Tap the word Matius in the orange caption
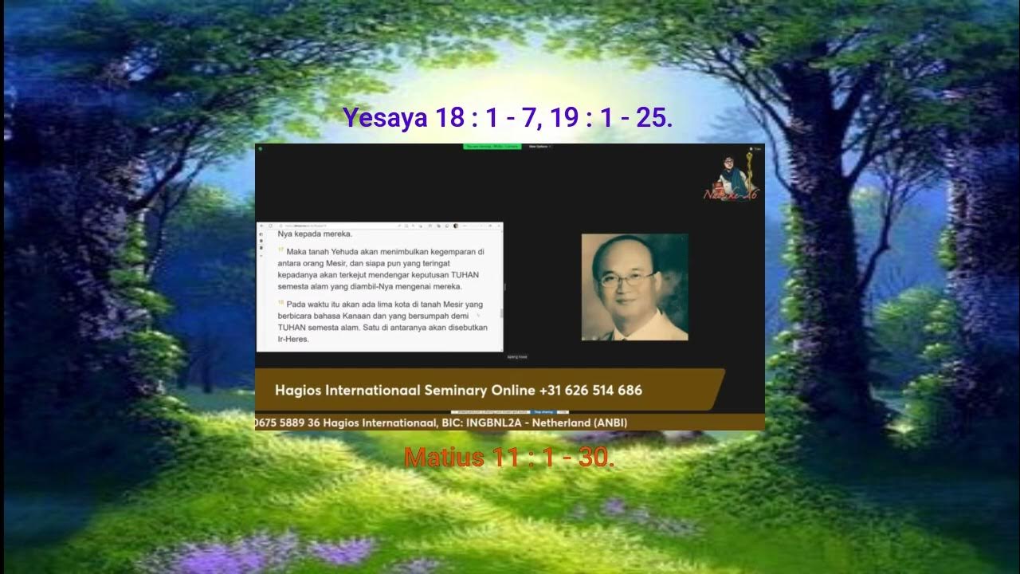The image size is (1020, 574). (444, 458)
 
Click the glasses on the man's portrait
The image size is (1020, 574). (626, 280)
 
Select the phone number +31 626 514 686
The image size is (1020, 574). (590, 391)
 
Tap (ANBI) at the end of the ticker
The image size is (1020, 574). (610, 423)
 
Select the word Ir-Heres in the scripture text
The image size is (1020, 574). (292, 339)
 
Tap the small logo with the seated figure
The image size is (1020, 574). (730, 177)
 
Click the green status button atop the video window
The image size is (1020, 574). (492, 147)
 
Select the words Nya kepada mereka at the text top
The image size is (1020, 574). (315, 234)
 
